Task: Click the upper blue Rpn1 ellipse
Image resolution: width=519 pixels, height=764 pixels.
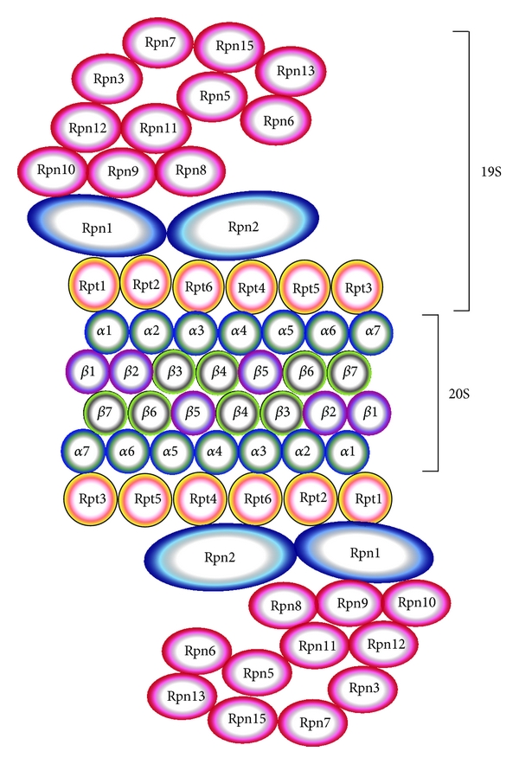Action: (96, 227)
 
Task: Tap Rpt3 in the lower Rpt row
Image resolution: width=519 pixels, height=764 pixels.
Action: (89, 499)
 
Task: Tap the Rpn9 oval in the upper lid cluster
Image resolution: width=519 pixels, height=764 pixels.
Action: (122, 170)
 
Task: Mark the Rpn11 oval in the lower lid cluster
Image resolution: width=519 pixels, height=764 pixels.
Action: (316, 645)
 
